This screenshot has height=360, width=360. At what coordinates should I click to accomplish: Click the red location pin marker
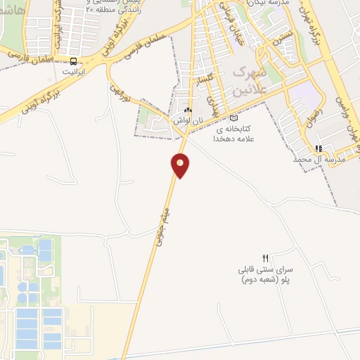point(181,165)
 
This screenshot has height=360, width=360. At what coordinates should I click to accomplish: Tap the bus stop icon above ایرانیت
point(74,61)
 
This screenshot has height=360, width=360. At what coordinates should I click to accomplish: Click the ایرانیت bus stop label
point(74,72)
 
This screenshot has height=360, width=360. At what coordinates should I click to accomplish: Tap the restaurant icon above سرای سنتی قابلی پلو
point(265,258)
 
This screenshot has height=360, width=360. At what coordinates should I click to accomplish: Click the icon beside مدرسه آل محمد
point(319,148)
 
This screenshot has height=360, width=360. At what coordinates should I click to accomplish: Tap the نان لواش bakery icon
point(187,110)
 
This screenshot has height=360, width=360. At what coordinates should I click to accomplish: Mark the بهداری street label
point(216,107)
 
